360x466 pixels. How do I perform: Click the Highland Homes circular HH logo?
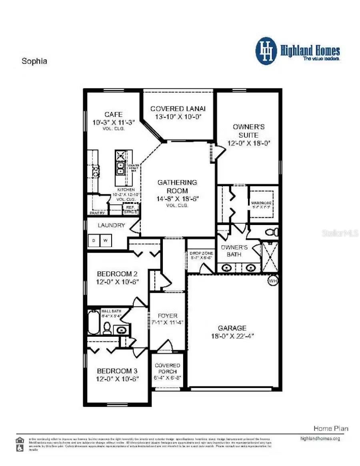click(266, 51)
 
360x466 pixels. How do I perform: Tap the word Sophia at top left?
click(34, 61)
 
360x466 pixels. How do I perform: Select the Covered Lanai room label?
click(178, 108)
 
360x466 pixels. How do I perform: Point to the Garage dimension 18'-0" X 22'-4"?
click(232, 336)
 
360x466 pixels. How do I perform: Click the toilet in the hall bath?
click(107, 328)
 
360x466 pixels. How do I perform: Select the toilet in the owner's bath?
click(272, 232)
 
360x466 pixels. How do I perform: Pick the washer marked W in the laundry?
click(106, 241)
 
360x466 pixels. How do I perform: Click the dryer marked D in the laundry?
click(94, 241)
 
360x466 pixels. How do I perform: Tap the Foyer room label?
click(168, 316)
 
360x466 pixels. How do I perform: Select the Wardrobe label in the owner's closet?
click(261, 203)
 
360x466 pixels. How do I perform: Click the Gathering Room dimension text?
click(178, 198)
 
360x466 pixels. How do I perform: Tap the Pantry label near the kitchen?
click(97, 213)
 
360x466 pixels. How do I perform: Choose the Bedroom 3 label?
click(118, 371)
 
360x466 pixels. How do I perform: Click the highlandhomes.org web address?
click(320, 438)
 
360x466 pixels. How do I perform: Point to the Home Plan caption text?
click(330, 428)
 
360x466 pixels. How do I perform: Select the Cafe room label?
click(113, 114)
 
